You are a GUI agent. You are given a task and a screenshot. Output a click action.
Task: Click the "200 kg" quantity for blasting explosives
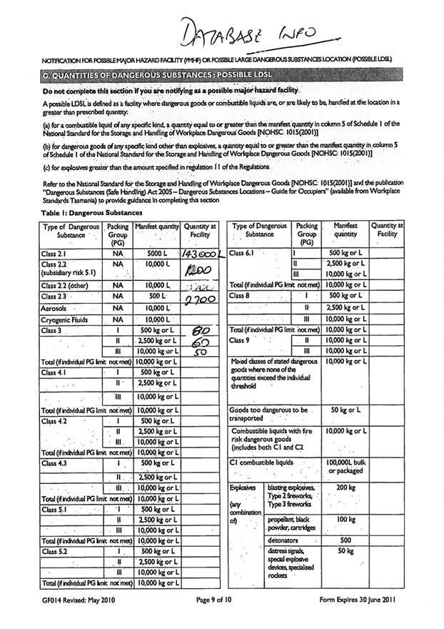(345, 487)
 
